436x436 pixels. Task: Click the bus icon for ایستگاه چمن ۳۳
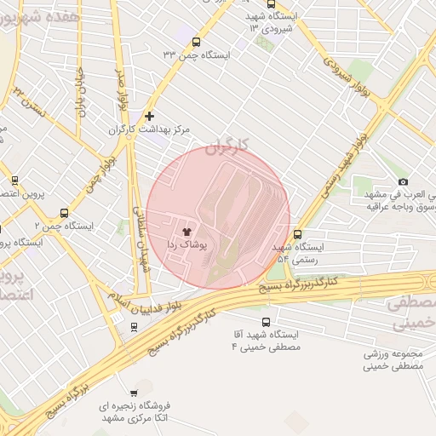tap(198, 42)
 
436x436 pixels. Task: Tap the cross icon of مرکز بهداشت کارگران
tap(150, 116)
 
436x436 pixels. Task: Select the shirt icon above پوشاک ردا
tap(186, 230)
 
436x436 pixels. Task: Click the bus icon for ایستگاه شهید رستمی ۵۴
tap(297, 234)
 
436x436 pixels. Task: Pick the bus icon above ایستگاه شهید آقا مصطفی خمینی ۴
tap(266, 323)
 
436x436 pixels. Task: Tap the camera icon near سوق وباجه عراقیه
tap(403, 182)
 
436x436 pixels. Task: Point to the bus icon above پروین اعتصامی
tap(14, 180)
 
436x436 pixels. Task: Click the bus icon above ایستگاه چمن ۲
tap(63, 215)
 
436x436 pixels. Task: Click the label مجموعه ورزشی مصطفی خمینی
tap(394, 360)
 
